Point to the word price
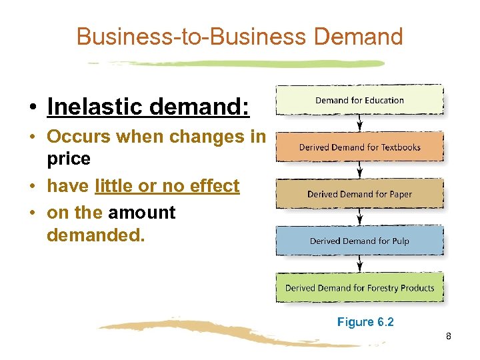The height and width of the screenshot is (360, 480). [68, 160]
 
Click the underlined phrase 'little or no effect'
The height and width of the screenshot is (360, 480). [167, 186]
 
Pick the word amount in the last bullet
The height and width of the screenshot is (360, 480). [141, 213]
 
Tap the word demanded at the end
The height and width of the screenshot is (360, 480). [95, 235]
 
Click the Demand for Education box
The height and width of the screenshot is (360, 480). [359, 100]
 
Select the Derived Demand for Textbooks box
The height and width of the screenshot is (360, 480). [359, 147]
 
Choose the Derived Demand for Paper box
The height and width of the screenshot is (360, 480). [359, 194]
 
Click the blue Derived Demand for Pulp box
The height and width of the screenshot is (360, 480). [359, 241]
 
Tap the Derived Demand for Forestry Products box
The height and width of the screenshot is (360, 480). [359, 288]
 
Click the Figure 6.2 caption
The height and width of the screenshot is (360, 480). [365, 322]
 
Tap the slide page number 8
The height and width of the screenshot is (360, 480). [449, 337]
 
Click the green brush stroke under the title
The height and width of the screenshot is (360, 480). [237, 64]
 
